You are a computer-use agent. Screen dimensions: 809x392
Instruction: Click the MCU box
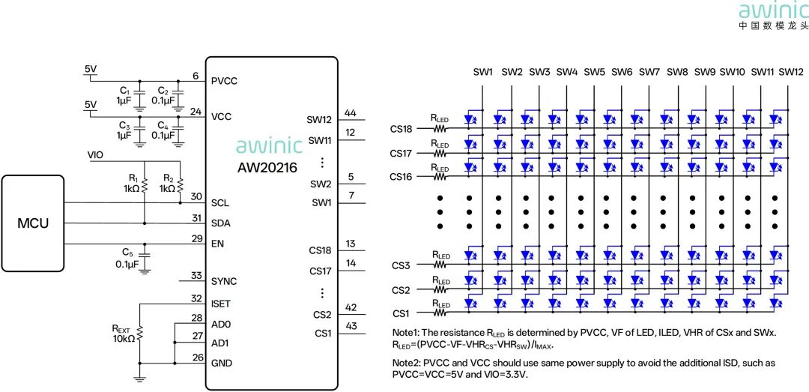click(32, 223)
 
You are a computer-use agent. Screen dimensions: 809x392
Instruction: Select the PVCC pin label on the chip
click(225, 81)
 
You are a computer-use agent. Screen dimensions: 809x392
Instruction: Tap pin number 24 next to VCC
click(196, 111)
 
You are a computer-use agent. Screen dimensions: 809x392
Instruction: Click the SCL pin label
click(219, 203)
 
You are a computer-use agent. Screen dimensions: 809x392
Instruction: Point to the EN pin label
click(217, 244)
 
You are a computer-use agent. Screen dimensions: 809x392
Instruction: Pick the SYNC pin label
click(224, 282)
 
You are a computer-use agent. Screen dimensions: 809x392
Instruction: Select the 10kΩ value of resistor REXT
click(124, 339)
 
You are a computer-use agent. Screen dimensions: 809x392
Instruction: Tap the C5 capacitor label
click(127, 253)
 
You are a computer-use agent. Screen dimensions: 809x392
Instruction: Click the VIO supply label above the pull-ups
click(96, 154)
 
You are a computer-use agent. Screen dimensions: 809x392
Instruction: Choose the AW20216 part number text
click(267, 169)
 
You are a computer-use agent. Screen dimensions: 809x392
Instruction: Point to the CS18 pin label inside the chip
click(321, 251)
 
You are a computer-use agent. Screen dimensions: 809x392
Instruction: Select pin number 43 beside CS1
click(351, 327)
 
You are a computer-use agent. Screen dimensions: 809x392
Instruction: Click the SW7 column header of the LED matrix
click(649, 72)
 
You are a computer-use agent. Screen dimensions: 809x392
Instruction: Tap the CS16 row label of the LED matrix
click(401, 177)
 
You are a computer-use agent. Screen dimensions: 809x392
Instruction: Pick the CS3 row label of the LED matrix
click(401, 265)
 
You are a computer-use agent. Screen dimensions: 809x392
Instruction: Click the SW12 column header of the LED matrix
click(791, 72)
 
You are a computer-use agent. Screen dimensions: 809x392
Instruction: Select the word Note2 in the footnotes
click(404, 364)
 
